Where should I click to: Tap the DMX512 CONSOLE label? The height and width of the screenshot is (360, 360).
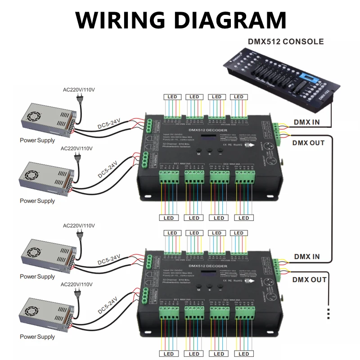tap(285, 42)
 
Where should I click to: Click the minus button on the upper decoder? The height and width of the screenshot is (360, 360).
tap(220, 151)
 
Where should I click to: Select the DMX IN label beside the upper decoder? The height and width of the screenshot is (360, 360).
tap(307, 122)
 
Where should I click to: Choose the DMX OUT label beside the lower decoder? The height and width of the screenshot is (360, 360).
tap(308, 279)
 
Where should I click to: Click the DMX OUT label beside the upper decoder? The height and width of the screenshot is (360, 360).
tap(308, 143)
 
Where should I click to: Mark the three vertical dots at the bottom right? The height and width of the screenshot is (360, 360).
tap(329, 313)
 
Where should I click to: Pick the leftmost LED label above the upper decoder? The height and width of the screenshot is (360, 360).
tap(172, 97)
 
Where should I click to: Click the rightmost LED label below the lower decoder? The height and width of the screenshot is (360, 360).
tap(243, 354)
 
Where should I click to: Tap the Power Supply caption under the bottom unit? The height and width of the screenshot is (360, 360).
tap(37, 337)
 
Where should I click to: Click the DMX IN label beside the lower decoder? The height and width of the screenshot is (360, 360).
tap(307, 257)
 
